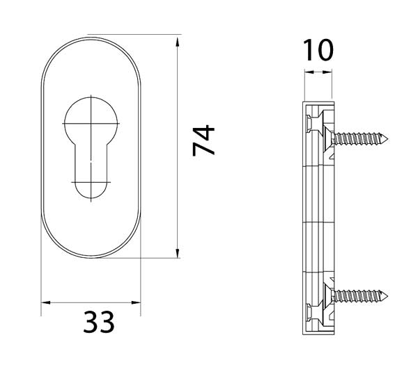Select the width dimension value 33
(98, 323)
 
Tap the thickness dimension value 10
(318, 50)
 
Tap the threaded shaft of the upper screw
(359, 138)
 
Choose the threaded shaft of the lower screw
(359, 297)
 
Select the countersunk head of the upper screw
(325, 138)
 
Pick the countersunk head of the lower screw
(325, 297)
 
